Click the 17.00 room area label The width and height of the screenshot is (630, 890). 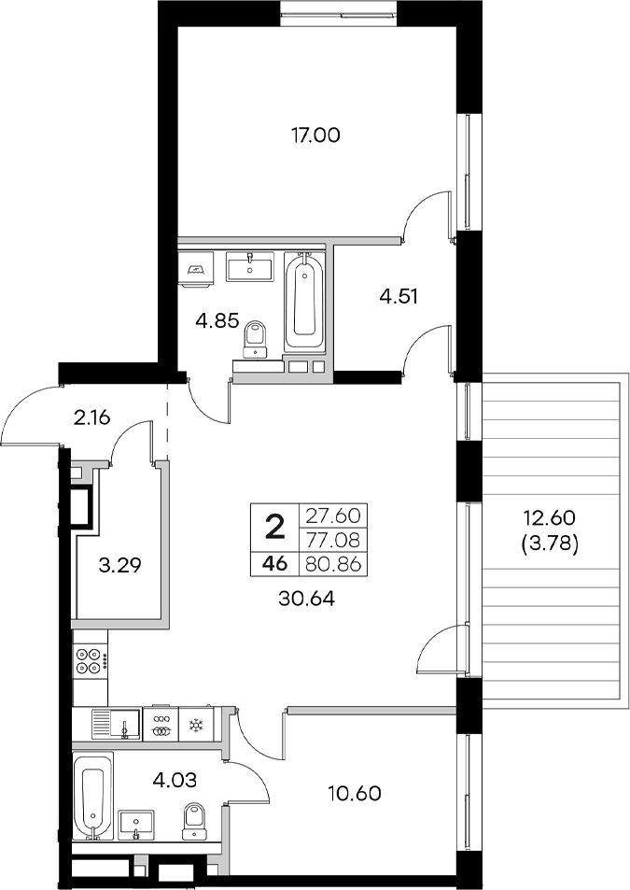click(x=315, y=135)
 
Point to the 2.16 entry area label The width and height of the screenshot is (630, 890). click(x=92, y=417)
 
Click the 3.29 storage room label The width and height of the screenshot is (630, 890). click(x=119, y=565)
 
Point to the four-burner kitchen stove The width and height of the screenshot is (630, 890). click(x=91, y=661)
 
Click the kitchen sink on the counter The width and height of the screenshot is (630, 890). click(x=114, y=724)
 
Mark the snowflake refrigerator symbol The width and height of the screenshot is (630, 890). click(x=197, y=725)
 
